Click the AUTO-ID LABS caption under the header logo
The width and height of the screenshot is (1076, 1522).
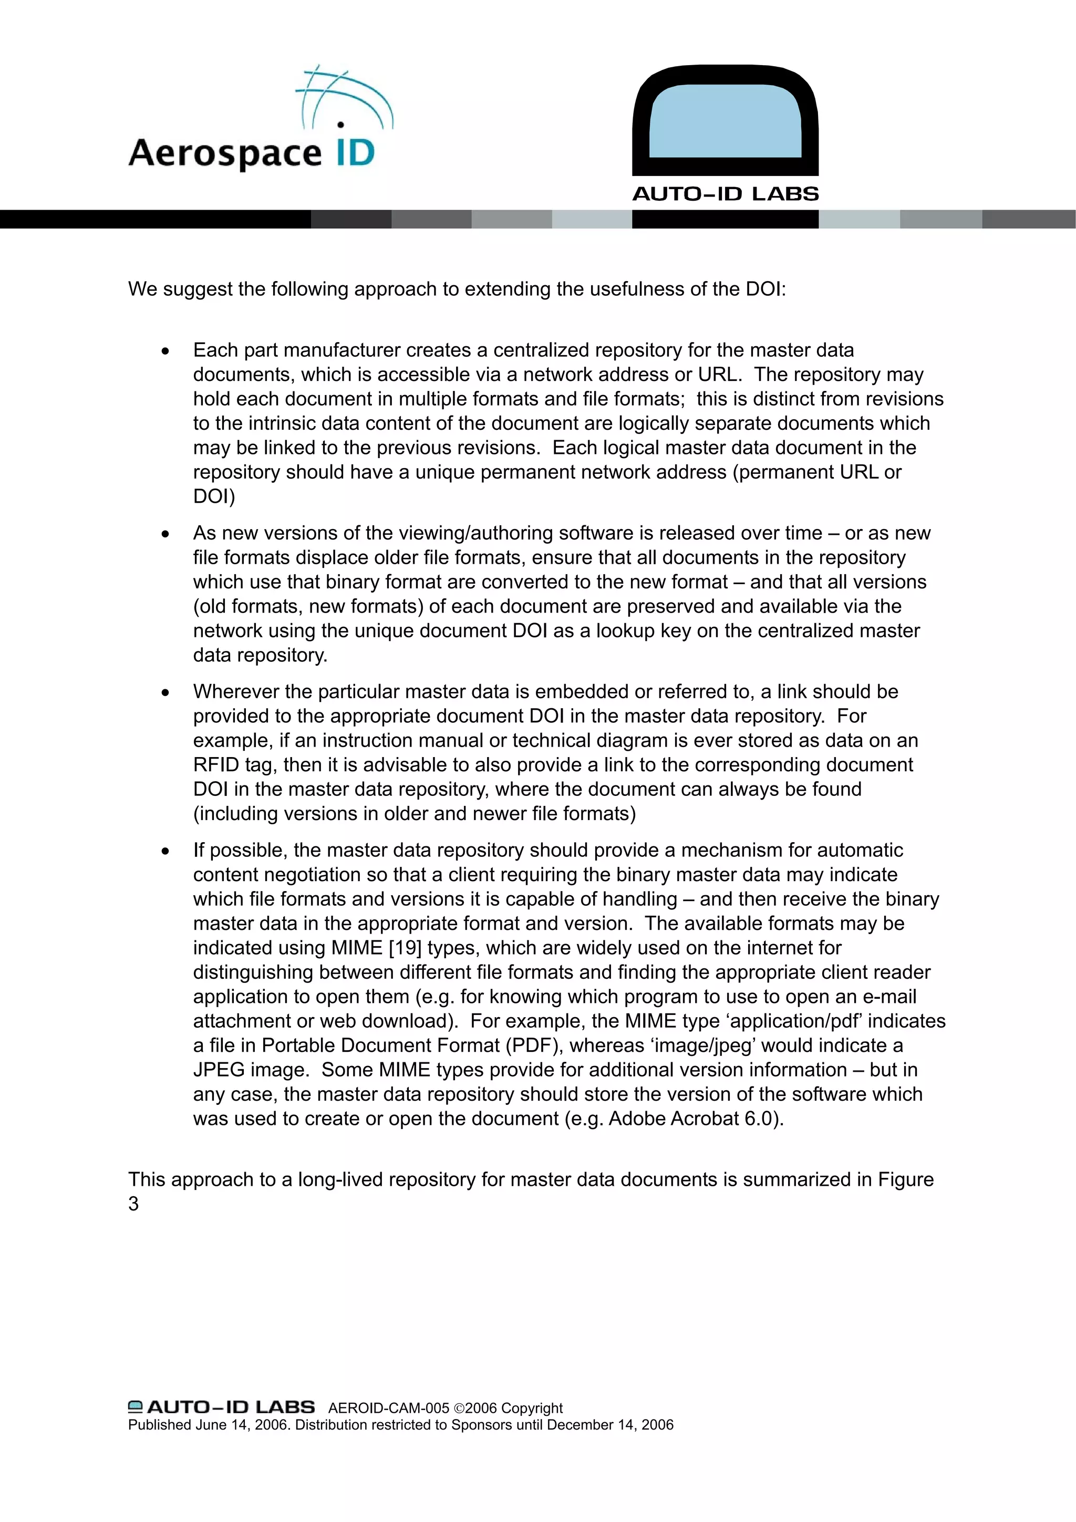click(x=725, y=194)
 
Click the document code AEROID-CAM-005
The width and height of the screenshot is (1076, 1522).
click(x=388, y=1408)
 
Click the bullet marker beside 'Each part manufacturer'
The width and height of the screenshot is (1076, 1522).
click(x=165, y=351)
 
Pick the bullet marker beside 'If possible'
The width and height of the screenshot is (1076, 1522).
click(x=165, y=852)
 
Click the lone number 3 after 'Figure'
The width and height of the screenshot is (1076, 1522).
click(x=133, y=1204)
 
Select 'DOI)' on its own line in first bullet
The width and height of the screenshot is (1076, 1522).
click(x=213, y=496)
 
